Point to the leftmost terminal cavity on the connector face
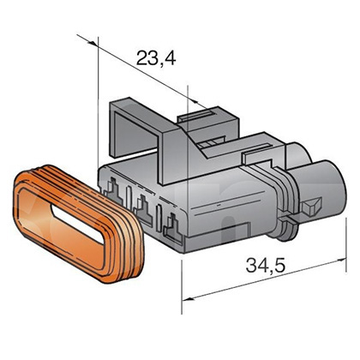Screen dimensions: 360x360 [x=115, y=189]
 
